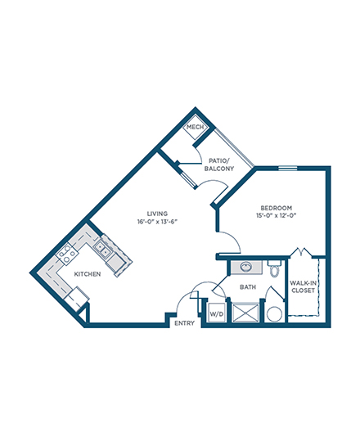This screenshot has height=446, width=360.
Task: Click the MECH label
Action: coord(195,127)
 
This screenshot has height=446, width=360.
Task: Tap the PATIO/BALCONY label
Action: coord(219,164)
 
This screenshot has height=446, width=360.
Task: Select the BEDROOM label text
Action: coord(276,208)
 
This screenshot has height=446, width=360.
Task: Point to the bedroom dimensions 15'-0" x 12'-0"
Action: coord(276,215)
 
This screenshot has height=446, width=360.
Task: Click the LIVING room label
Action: coord(157,214)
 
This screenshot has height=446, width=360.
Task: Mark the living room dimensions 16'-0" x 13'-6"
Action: coord(157,222)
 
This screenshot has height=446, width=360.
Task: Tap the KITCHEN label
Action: coord(88,274)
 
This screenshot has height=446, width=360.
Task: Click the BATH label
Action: coord(248,287)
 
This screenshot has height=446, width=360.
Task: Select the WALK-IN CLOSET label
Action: coord(303,286)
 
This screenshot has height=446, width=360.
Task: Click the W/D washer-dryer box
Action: coord(217,313)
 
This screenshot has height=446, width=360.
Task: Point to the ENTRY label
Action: coord(184,323)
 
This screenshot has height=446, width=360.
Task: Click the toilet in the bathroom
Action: coord(274,268)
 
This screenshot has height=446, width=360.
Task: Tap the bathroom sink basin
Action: coord(246,267)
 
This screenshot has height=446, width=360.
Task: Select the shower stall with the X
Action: coord(246,313)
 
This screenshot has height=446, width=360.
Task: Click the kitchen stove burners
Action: coord(67,254)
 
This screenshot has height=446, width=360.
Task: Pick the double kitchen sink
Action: coord(102,249)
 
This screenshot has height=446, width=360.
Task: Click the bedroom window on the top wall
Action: coord(287,168)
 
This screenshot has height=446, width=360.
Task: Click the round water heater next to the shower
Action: coord(275,314)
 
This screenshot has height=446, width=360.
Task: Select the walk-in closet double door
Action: coord(301,253)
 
